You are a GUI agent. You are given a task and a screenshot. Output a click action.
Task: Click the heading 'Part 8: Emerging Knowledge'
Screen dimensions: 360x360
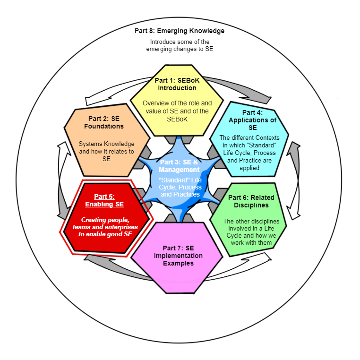tap(179, 31)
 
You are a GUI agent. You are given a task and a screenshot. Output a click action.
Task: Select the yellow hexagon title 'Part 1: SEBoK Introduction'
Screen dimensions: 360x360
tap(177, 84)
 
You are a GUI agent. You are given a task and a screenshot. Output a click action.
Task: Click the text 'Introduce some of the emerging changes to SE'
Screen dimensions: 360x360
tap(179, 45)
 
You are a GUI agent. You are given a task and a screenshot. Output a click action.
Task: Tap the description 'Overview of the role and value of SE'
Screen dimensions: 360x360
tap(177, 107)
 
